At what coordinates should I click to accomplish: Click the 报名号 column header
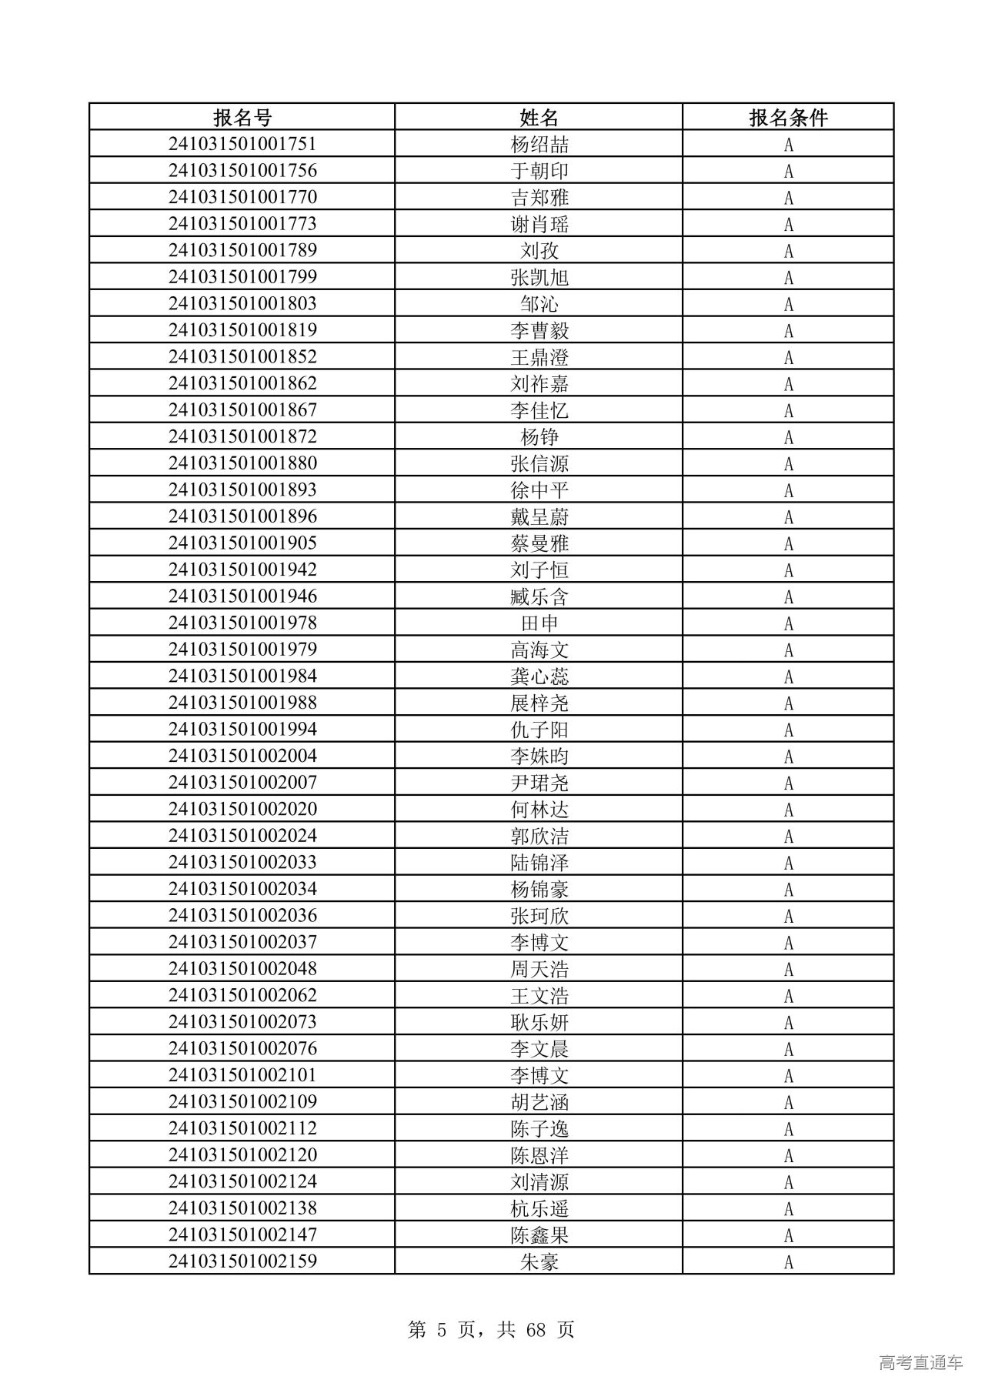coord(242,118)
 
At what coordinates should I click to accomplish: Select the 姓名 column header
coord(539,118)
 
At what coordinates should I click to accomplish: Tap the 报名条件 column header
coord(788,118)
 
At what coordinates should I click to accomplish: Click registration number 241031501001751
coord(242,144)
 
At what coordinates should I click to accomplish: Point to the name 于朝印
coord(539,171)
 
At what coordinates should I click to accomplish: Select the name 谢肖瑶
coord(539,224)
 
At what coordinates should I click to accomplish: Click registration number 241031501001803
coord(242,303)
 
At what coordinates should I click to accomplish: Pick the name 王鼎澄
coord(539,357)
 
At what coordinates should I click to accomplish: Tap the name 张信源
coord(539,463)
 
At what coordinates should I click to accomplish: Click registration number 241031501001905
coord(242,543)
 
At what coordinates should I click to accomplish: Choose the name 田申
coord(539,623)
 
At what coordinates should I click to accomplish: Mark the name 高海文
coord(539,650)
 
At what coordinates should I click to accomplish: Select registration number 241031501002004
coord(242,756)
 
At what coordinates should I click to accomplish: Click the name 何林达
coord(539,809)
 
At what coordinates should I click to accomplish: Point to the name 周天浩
coord(539,969)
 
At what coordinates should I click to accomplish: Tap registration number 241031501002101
coord(242,1075)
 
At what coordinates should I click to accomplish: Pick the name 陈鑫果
coord(539,1234)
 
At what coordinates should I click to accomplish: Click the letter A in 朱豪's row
coord(788,1261)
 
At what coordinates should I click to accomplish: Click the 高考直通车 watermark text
coord(920,1362)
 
